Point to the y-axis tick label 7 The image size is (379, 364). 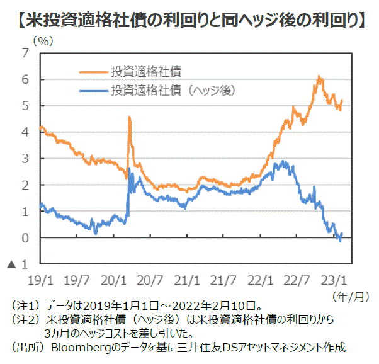(25, 54)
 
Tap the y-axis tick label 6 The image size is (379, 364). (25, 80)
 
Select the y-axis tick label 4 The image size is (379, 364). (25, 132)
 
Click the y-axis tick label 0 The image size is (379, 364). (25, 238)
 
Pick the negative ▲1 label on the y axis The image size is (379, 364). (18, 264)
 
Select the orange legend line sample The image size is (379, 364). (93, 71)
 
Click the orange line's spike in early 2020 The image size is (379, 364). (129, 117)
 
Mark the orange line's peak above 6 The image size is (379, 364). (320, 77)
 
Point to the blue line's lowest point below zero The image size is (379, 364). (341, 241)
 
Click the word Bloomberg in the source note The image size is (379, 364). (79, 347)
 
